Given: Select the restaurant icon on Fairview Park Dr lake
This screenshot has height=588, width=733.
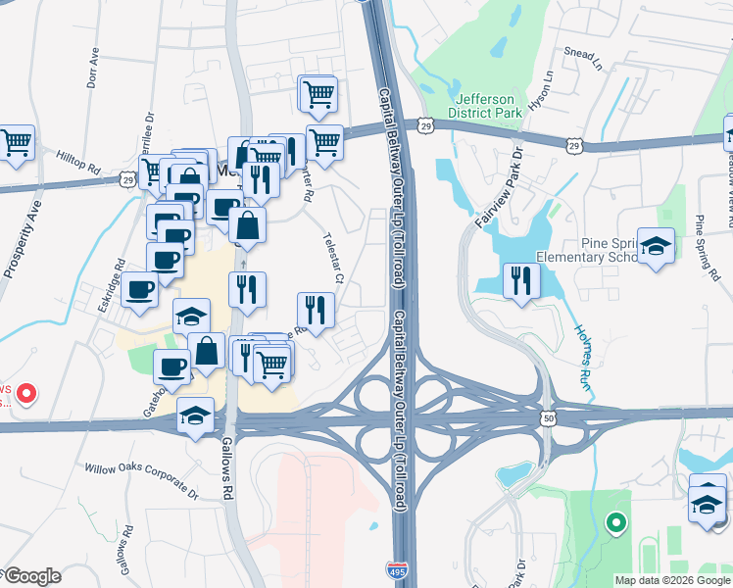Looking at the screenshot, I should click(521, 280).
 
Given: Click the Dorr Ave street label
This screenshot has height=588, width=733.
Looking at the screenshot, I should click(94, 66).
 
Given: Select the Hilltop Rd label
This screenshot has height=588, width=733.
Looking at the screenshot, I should click(78, 156).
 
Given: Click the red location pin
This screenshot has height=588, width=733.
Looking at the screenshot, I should click(27, 394).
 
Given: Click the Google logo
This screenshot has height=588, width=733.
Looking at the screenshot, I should click(32, 576).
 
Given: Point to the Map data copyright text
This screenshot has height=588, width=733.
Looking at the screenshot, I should click(672, 580).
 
